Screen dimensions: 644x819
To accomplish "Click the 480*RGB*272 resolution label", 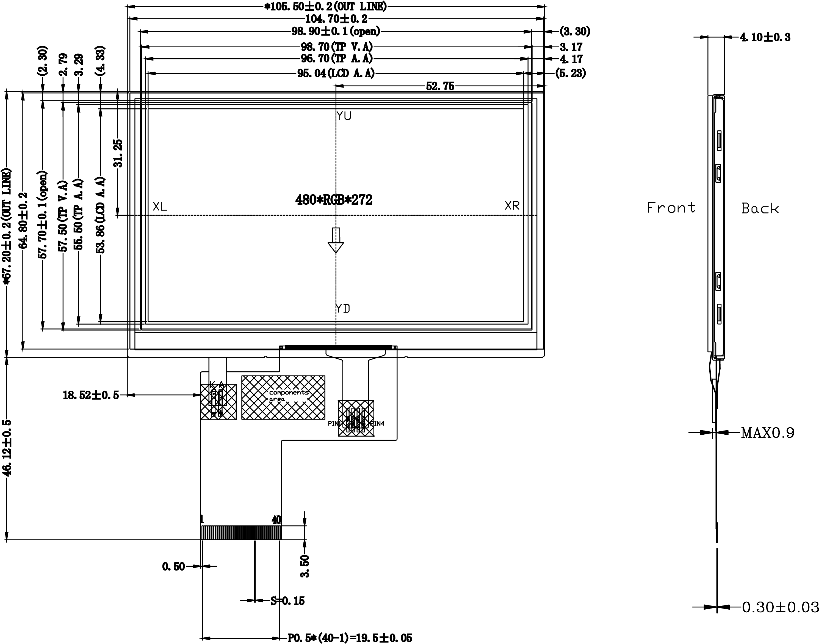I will coord(334,199).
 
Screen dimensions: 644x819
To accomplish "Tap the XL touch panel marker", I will coord(160,206).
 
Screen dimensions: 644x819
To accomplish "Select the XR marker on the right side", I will coord(512,205).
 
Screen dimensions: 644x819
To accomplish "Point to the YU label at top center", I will coord(344,116).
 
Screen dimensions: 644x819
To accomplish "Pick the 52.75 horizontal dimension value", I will coord(440,86).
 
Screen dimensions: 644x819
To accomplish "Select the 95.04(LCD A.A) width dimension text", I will coord(336,73).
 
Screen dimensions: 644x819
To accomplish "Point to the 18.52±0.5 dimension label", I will coord(90,395).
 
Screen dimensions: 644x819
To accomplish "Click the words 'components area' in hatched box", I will coord(288,395).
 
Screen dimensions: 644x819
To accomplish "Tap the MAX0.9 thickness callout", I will coord(767,433).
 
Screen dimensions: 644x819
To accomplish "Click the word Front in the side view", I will coord(671,207).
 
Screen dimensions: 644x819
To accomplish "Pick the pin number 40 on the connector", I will coord(276,520).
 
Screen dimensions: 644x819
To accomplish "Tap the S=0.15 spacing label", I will coord(287,600).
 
